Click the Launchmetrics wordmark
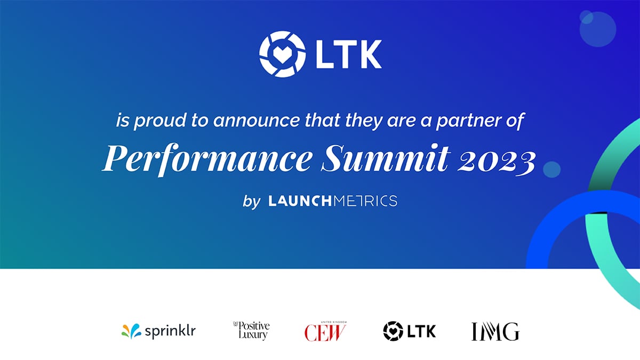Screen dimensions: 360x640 (333, 201)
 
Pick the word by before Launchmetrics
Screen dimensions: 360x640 (251, 202)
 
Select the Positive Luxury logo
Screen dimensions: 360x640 (251, 331)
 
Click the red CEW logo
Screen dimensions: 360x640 (325, 332)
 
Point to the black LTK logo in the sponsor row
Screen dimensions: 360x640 (409, 331)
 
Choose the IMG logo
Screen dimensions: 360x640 (495, 331)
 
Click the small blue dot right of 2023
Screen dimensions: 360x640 (551, 170)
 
